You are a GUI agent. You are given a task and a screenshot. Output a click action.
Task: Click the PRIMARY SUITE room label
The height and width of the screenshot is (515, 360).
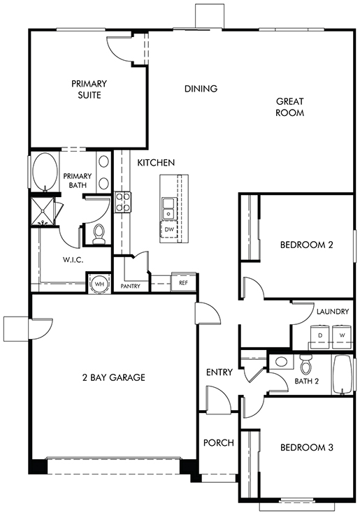click(89, 89)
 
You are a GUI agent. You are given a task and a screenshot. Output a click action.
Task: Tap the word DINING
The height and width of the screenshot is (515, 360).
click(201, 89)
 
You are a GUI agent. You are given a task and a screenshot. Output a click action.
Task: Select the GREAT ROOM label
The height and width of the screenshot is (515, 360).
click(289, 107)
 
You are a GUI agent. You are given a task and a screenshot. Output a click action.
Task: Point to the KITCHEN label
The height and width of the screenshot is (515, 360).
click(156, 163)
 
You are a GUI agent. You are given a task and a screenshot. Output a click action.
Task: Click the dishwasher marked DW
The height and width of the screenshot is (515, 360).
click(169, 230)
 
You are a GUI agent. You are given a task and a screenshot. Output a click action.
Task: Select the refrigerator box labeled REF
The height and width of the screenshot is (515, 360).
click(183, 282)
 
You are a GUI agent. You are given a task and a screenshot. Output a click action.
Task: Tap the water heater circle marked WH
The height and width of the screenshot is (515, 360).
click(99, 284)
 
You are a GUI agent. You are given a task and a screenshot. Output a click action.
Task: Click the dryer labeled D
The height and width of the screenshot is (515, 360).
click(320, 335)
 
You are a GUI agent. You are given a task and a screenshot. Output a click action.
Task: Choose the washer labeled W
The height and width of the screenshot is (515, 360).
click(342, 335)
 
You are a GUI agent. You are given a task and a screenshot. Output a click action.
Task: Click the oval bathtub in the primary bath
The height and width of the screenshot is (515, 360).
click(44, 171)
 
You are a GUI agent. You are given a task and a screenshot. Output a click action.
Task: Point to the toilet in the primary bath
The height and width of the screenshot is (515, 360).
click(99, 234)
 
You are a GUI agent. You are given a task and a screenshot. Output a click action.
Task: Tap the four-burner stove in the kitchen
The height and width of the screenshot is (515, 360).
click(122, 202)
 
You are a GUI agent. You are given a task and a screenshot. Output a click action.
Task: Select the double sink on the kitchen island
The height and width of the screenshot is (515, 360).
click(169, 208)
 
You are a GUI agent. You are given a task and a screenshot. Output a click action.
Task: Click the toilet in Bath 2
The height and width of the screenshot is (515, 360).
click(305, 365)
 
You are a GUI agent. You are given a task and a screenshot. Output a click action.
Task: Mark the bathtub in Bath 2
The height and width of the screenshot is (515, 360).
click(343, 375)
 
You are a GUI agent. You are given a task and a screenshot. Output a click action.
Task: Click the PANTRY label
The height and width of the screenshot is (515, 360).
click(131, 286)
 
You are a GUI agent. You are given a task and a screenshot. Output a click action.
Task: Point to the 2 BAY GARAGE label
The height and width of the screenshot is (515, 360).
click(114, 377)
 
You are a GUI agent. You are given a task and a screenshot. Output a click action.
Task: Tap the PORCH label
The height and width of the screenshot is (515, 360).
click(218, 443)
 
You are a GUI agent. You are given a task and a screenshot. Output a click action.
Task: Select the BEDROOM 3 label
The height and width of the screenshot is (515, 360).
click(306, 447)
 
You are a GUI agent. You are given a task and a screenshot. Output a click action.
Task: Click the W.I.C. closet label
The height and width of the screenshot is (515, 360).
click(73, 260)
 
